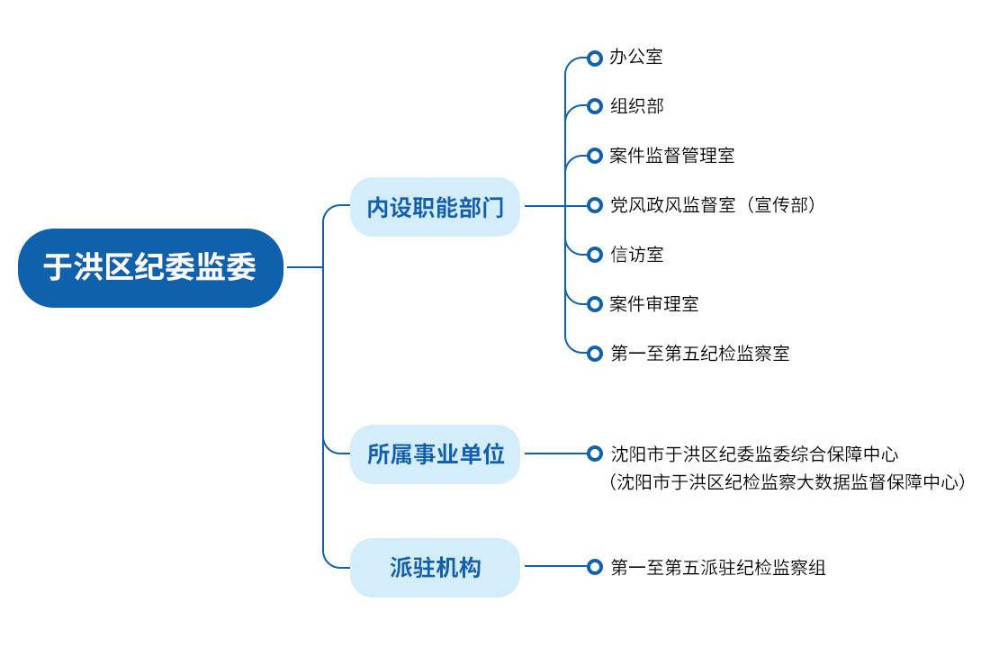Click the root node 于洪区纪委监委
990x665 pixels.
click(x=150, y=268)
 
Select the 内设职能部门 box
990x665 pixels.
click(x=435, y=206)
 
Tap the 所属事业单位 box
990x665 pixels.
click(x=435, y=454)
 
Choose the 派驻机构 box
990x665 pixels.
click(x=435, y=567)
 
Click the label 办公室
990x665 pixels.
click(x=635, y=57)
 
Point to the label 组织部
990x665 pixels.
click(x=636, y=106)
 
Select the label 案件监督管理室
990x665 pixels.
click(x=671, y=156)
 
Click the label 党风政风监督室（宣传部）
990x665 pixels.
click(x=713, y=204)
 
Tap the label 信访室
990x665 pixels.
click(x=636, y=255)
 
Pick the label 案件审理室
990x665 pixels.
click(x=654, y=304)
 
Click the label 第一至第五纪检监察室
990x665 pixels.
click(x=699, y=353)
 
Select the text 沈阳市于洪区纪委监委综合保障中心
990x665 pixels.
click(x=754, y=454)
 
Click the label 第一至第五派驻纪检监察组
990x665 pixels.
click(x=718, y=567)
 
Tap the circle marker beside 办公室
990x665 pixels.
click(x=594, y=58)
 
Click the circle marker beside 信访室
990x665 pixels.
click(x=594, y=255)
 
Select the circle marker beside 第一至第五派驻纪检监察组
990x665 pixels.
click(x=594, y=567)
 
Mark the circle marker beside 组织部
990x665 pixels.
click(x=594, y=106)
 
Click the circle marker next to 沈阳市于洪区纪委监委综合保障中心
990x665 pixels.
click(x=594, y=453)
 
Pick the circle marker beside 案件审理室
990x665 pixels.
click(x=594, y=304)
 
